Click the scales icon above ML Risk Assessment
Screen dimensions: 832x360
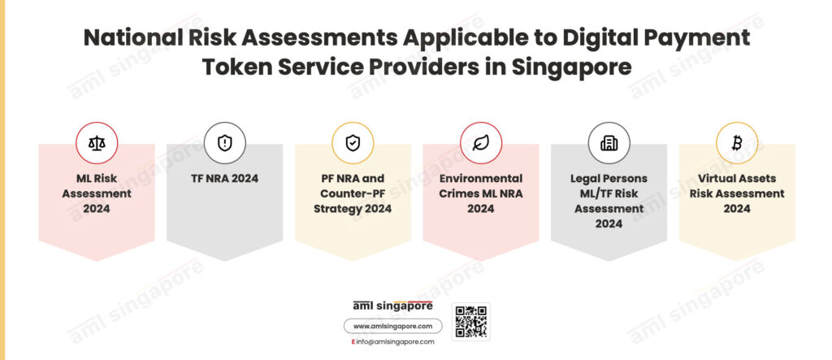click(97, 143)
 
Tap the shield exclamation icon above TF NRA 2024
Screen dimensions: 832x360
click(225, 143)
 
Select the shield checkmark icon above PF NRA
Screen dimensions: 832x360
click(353, 143)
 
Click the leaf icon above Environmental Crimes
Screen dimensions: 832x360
click(481, 143)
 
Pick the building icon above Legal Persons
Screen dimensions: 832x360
click(609, 143)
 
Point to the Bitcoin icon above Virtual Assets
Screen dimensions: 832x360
click(736, 143)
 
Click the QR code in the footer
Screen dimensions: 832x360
click(471, 322)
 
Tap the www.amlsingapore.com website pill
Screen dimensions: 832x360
click(392, 326)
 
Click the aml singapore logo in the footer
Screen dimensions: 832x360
click(392, 306)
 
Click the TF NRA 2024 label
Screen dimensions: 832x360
click(224, 179)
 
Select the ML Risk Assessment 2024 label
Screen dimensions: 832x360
click(97, 193)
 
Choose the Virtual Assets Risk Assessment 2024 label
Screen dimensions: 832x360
click(737, 193)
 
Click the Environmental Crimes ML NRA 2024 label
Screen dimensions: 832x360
click(481, 193)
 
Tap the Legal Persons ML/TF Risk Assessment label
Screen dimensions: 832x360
click(609, 202)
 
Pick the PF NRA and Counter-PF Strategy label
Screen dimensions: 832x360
click(353, 193)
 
